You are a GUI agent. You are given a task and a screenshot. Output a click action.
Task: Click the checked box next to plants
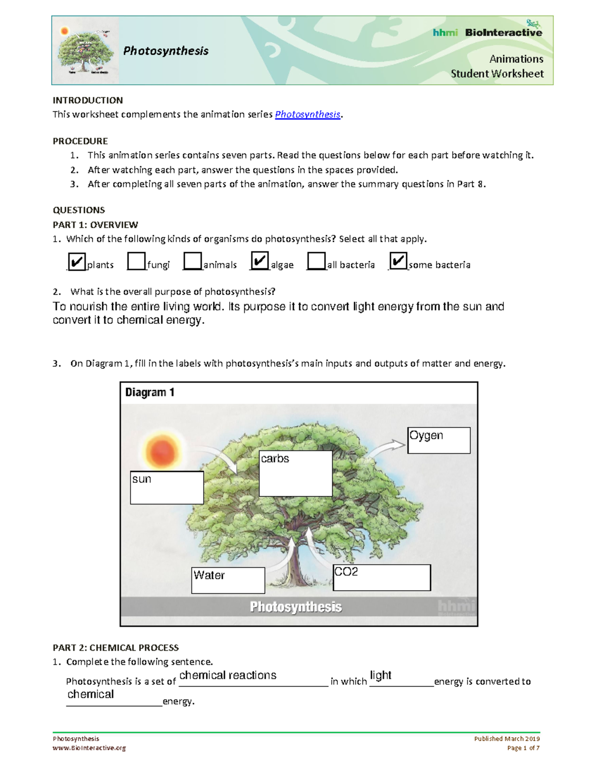tap(76, 262)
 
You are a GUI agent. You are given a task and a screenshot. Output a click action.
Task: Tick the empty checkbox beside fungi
tap(136, 261)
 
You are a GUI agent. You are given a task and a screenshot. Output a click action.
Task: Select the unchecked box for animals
tap(192, 261)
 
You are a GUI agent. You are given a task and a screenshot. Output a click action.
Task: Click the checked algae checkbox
tap(260, 261)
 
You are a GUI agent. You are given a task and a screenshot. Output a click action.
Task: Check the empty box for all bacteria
tap(316, 261)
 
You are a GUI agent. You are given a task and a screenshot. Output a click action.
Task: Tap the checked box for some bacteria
tap(398, 261)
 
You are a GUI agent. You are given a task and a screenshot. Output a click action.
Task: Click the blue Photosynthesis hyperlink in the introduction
tap(307, 115)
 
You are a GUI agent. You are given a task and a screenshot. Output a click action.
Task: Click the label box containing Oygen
tap(439, 441)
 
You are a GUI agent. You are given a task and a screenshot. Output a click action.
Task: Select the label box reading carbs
tap(296, 474)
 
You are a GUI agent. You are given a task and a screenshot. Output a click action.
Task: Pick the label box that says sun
tap(167, 488)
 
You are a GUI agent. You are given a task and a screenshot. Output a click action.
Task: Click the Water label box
tap(228, 581)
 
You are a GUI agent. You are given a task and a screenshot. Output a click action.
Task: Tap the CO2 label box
tap(382, 578)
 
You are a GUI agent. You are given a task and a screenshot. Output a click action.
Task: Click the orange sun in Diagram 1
tap(161, 452)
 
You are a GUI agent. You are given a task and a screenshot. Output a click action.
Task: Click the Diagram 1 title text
tap(149, 393)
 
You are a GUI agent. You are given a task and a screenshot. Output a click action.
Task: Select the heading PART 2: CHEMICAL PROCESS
tap(116, 648)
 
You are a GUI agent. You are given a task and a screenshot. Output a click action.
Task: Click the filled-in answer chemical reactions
tap(228, 675)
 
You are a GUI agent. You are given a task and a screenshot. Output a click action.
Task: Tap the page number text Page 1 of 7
tap(523, 748)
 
